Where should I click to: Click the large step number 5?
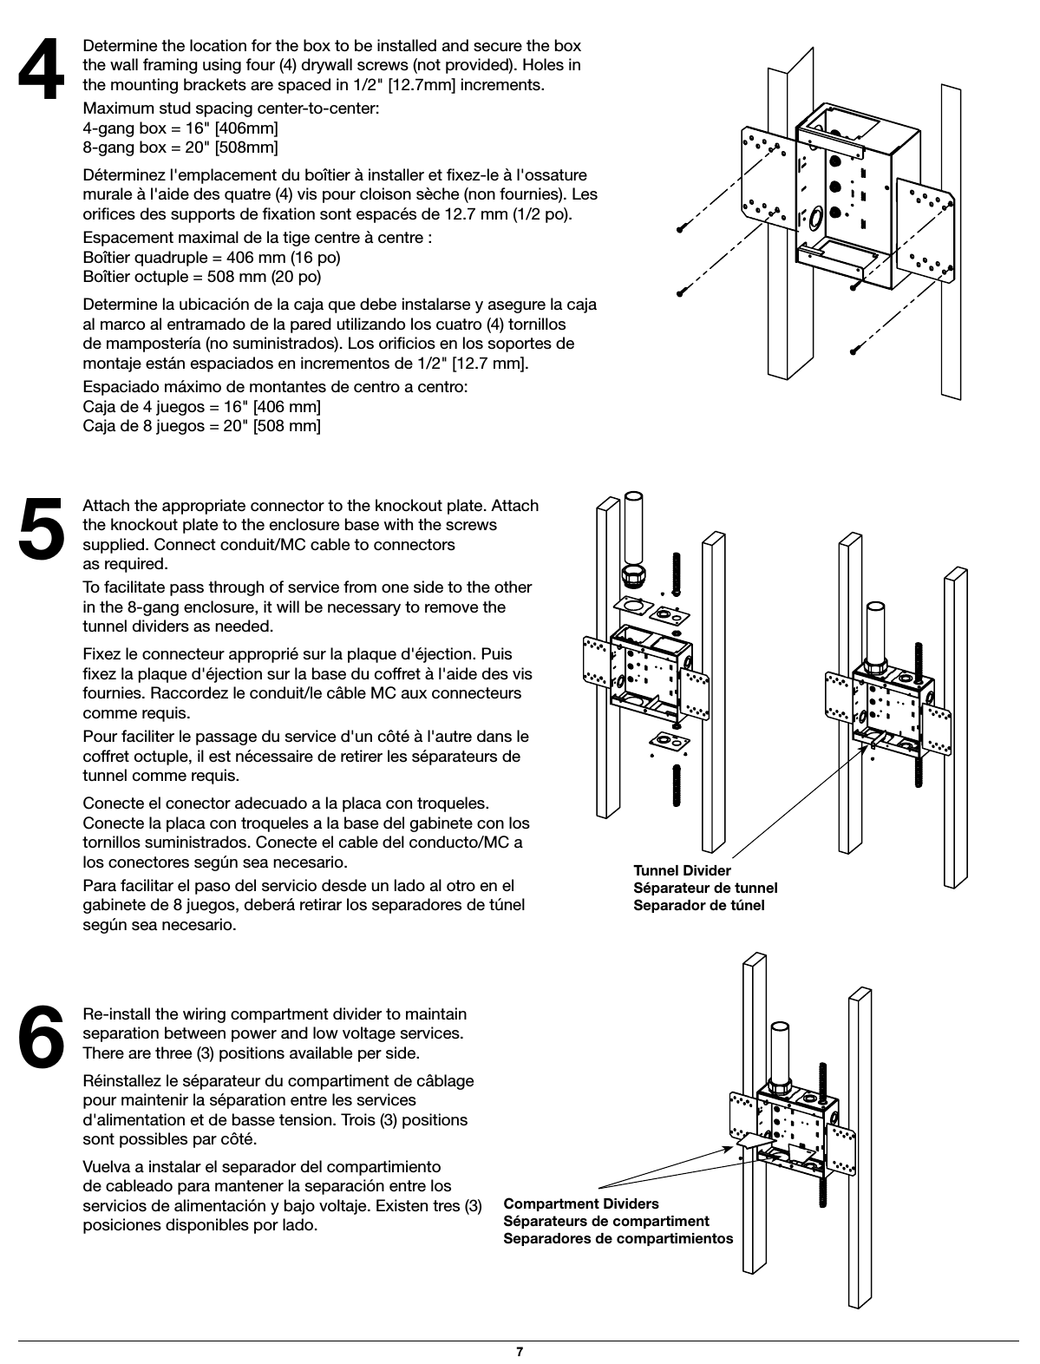click(42, 526)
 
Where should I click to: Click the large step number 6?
click(42, 1035)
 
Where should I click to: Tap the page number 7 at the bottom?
click(519, 1351)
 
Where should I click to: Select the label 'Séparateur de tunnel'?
click(704, 888)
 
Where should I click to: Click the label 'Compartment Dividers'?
click(580, 1203)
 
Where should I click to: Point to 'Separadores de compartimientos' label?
click(618, 1238)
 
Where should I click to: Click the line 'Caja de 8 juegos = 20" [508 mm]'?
click(201, 426)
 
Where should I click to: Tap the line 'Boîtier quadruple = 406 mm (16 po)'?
click(211, 258)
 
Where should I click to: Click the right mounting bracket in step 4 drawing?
click(925, 230)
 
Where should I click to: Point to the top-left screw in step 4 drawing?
click(684, 229)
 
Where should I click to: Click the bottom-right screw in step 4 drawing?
click(855, 350)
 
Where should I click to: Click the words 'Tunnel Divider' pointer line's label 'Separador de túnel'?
click(698, 905)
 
